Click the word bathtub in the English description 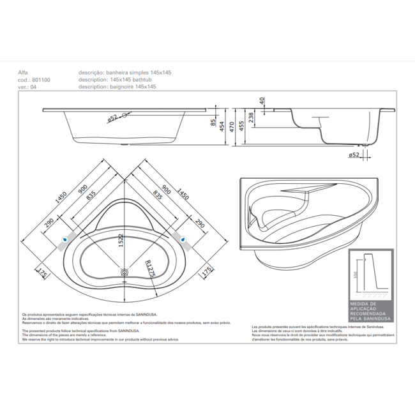pyautogui.click(x=151, y=80)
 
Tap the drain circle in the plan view pyautogui.click(x=124, y=272)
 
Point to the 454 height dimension pyautogui.click(x=221, y=127)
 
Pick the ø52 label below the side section pyautogui.click(x=352, y=155)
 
